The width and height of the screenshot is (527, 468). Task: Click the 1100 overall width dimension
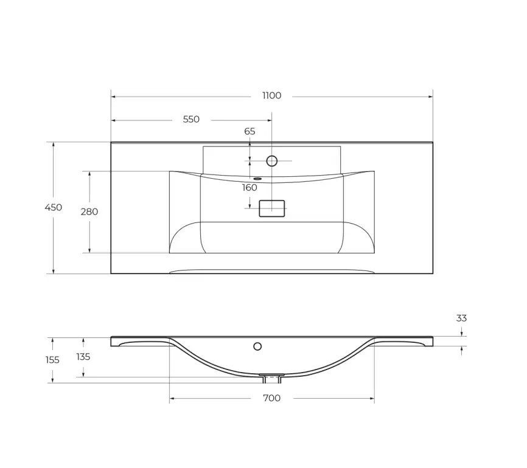coord(271,96)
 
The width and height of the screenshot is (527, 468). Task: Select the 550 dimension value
coord(191,120)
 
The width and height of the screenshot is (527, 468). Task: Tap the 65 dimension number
coord(250,131)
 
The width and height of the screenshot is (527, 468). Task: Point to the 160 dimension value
coord(250,188)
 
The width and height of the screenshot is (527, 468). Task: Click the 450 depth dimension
coord(54,208)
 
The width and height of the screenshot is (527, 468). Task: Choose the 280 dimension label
coord(89,212)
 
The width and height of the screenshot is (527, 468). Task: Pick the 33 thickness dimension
coord(461,318)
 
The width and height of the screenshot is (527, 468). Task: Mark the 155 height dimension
coord(52,360)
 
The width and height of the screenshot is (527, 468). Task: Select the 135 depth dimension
coord(83,357)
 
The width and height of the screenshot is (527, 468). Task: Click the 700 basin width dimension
coord(271,398)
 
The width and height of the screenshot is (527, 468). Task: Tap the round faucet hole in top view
coord(272,161)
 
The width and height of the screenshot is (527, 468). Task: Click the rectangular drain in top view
coord(272,208)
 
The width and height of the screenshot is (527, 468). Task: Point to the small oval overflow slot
coord(257,179)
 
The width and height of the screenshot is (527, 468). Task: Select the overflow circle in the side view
coord(257,346)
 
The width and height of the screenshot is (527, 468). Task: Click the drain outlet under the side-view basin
coord(271,378)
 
